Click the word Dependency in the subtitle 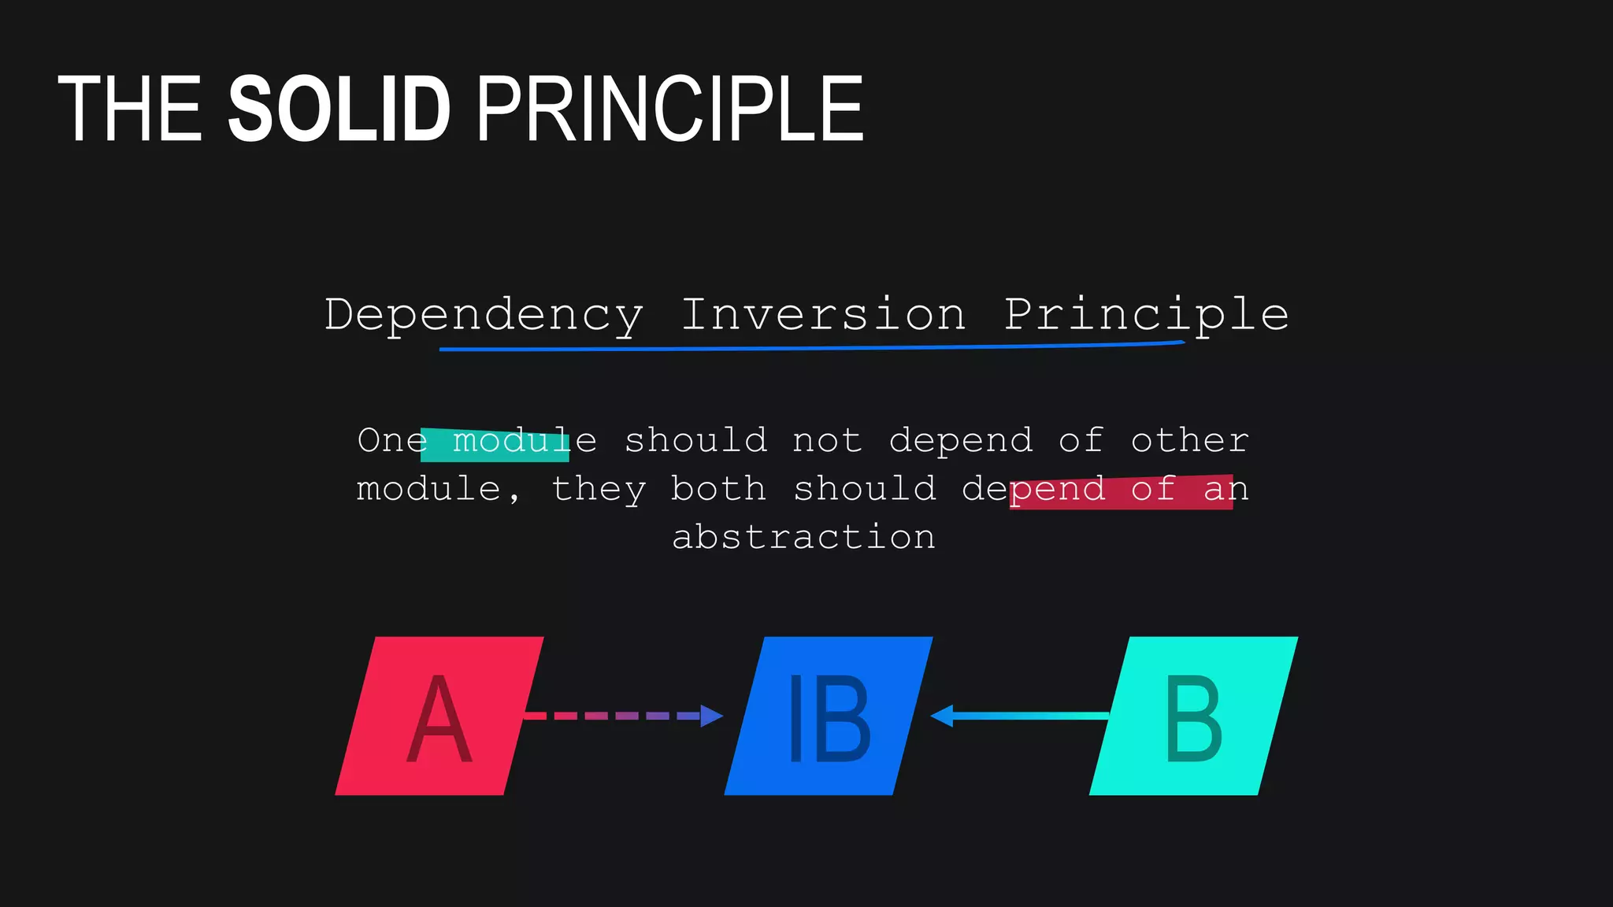tap(484, 315)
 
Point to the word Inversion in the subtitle tap(822, 315)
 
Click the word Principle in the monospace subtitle tap(1146, 315)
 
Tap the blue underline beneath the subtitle tap(811, 347)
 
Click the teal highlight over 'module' tap(495, 445)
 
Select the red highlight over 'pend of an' tap(1121, 492)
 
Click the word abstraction tap(803, 538)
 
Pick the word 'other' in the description tap(1189, 441)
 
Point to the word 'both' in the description tap(718, 489)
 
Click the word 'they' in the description tap(599, 489)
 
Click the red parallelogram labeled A tap(439, 716)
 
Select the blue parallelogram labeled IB tap(828, 716)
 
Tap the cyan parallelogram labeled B tap(1193, 716)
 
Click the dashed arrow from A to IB tap(614, 716)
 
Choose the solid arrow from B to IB tap(1024, 716)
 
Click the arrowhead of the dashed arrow tap(711, 716)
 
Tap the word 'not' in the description tap(827, 441)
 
